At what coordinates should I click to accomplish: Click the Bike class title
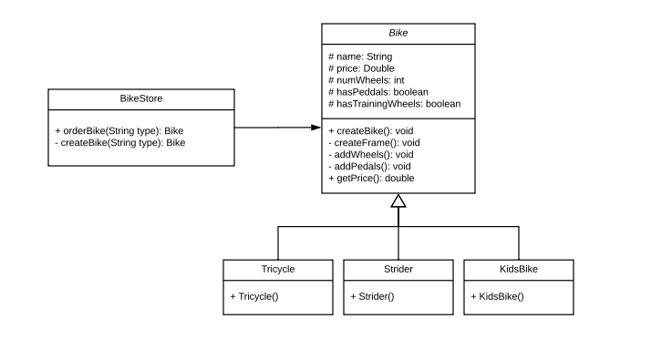pos(398,34)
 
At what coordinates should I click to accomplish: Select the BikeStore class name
pos(141,98)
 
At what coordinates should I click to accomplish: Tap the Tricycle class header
pos(278,270)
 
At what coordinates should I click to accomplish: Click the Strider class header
pos(398,270)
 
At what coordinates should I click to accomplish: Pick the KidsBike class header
pos(518,270)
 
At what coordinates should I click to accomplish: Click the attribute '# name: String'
pos(360,57)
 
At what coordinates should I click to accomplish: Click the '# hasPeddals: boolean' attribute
pos(378,92)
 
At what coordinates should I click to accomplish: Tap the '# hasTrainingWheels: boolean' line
pos(394,104)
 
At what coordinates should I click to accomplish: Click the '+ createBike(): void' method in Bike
pos(370,130)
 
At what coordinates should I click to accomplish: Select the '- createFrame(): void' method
pos(374,143)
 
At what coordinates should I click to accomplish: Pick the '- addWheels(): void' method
pos(370,155)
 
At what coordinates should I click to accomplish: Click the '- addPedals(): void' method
pos(369,167)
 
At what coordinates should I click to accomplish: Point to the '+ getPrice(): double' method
pos(371,179)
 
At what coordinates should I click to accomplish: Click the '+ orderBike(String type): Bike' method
pos(119,130)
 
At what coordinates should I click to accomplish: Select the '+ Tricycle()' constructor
pos(254,296)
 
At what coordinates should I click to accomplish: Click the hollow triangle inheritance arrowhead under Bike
pos(398,201)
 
